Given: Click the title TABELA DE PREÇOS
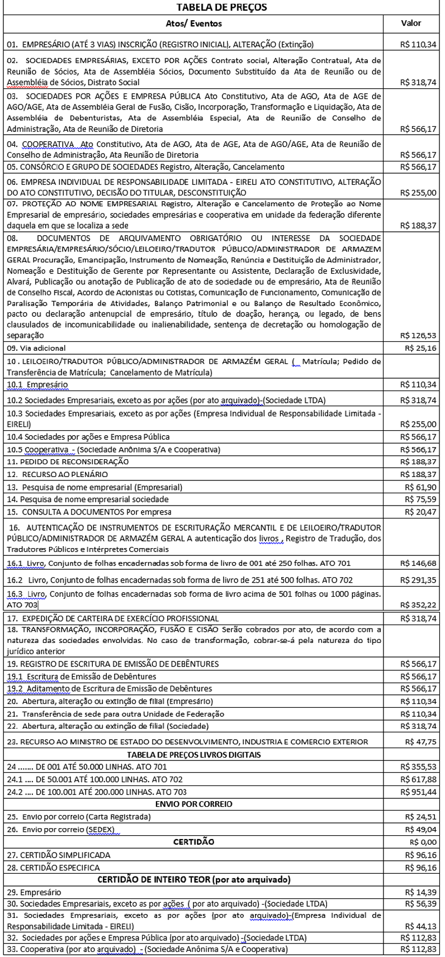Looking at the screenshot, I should pos(222,7).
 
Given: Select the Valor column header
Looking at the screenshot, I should pos(411,23).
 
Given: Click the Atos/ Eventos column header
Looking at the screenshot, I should pos(194,23).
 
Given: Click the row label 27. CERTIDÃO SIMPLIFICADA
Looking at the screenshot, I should pos(59,855).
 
